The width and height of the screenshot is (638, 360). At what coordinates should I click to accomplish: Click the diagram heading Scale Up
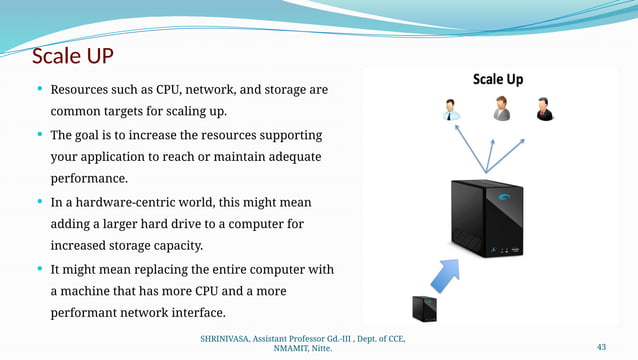click(x=497, y=79)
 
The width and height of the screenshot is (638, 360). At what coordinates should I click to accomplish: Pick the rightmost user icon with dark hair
click(x=543, y=109)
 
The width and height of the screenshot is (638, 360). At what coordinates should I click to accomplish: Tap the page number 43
click(x=601, y=347)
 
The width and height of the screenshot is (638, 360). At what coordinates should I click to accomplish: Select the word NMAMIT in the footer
click(x=295, y=350)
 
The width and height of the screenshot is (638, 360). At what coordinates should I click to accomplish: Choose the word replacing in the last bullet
click(x=165, y=269)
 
